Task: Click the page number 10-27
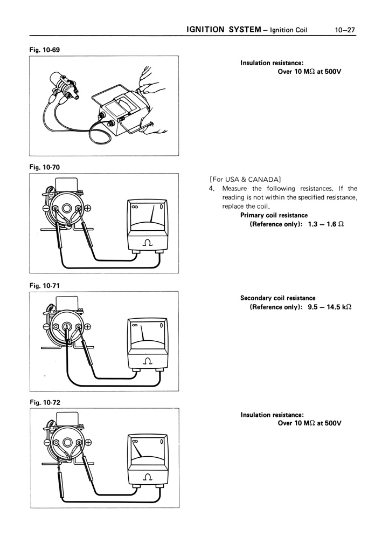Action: click(x=345, y=30)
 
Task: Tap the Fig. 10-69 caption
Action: click(x=45, y=50)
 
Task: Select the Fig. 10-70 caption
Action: click(x=45, y=167)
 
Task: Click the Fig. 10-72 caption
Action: click(x=45, y=402)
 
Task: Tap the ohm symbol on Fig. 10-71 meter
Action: click(x=147, y=361)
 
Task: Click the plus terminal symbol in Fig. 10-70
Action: click(x=88, y=209)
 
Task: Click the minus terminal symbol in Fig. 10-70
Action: click(x=46, y=209)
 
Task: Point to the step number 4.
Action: click(x=212, y=188)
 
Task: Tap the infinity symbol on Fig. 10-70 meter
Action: click(x=134, y=206)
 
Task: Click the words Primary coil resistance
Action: click(x=274, y=215)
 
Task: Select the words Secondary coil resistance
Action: click(x=277, y=298)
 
